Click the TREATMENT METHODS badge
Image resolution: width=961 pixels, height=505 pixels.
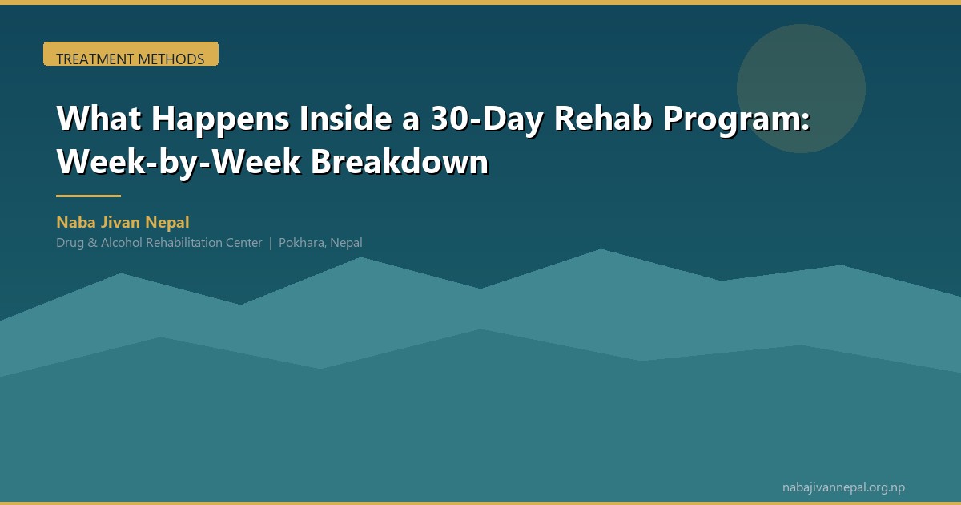pyautogui.click(x=131, y=54)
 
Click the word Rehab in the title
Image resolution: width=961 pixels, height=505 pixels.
pyautogui.click(x=603, y=118)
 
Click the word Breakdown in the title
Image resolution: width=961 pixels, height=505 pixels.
pyautogui.click(x=400, y=161)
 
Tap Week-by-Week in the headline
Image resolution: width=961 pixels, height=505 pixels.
pyautogui.click(x=179, y=162)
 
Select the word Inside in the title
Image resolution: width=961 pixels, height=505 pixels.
pyautogui.click(x=345, y=118)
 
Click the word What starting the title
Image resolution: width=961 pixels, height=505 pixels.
pyautogui.click(x=99, y=118)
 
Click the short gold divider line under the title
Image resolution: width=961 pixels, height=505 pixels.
pyautogui.click(x=88, y=196)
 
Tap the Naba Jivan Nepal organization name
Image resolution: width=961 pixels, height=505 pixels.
pyautogui.click(x=123, y=223)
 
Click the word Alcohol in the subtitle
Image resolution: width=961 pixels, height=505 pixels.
pyautogui.click(x=122, y=243)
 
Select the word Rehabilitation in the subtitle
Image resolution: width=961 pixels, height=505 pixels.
pyautogui.click(x=184, y=243)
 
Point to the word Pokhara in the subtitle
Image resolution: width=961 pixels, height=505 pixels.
pyautogui.click(x=302, y=243)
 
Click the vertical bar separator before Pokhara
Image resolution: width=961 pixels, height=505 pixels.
pyautogui.click(x=271, y=243)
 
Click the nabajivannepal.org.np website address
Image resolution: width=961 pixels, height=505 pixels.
pyautogui.click(x=843, y=487)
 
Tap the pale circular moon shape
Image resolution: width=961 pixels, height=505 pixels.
pyautogui.click(x=801, y=88)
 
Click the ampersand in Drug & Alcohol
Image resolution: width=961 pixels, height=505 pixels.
pyautogui.click(x=92, y=243)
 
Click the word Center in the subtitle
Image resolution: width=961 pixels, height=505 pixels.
pyautogui.click(x=244, y=243)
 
